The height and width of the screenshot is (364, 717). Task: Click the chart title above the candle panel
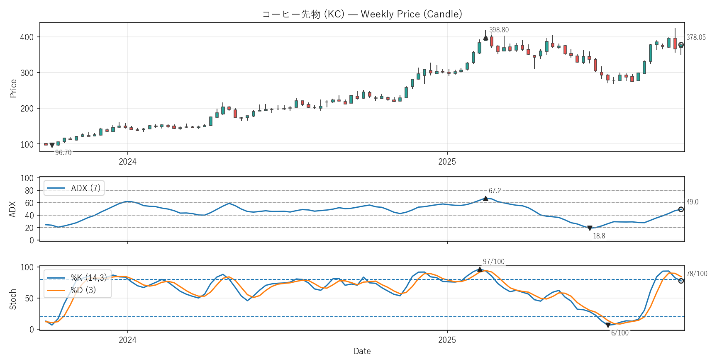tap(362, 14)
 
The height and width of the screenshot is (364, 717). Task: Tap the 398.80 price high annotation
tap(499, 30)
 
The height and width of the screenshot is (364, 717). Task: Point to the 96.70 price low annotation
tap(63, 153)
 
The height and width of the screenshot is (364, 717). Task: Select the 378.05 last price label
tap(696, 37)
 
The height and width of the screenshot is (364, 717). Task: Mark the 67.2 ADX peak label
tap(495, 191)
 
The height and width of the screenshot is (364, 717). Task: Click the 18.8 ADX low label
tap(599, 236)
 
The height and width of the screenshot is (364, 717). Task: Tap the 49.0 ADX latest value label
tap(692, 202)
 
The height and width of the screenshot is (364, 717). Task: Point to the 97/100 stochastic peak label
tap(493, 262)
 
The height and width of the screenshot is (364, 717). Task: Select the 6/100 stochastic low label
tap(619, 333)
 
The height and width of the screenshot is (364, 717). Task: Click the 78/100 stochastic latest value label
tap(697, 274)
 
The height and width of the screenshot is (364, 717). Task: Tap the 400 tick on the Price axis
tap(27, 37)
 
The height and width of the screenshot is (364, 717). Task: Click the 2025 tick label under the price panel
tap(447, 162)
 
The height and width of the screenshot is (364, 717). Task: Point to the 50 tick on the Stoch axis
tap(29, 298)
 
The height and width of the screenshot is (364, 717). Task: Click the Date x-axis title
tap(362, 351)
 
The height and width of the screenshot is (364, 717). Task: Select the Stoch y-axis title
tap(13, 299)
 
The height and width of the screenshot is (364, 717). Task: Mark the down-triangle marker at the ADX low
tap(590, 228)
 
